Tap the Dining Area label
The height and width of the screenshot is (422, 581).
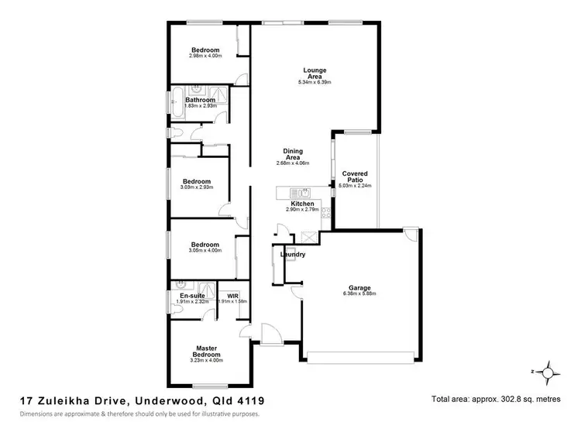tap(292, 153)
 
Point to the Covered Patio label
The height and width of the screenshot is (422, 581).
tap(356, 177)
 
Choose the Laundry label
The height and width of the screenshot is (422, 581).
tap(293, 255)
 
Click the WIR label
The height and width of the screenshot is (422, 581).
tap(232, 296)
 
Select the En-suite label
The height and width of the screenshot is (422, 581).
tap(191, 296)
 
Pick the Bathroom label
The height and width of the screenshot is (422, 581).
tap(199, 100)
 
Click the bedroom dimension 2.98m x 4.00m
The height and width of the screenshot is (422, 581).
tap(205, 56)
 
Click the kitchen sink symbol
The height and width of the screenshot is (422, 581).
tap(304, 193)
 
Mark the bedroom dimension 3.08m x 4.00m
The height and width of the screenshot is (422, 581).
tap(205, 250)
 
